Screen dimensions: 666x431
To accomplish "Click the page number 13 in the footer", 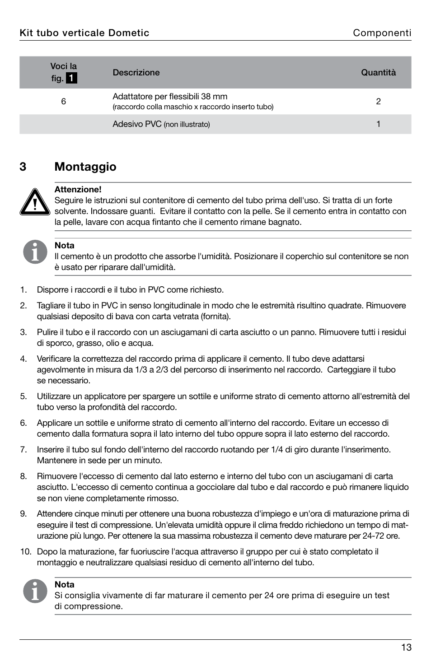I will point(406,647).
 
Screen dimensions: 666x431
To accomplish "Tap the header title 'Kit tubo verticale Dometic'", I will point(84,33).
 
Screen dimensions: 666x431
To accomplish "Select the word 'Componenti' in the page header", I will point(382,33).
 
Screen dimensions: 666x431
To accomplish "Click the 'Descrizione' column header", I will point(136,73).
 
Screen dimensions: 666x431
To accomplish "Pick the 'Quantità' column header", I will point(378,73).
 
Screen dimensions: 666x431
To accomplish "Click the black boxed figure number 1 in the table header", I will point(71,79).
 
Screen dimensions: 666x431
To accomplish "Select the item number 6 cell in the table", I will point(64,102).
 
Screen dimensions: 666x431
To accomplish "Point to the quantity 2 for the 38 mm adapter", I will point(378,102).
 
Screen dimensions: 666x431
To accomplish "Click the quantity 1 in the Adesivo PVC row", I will point(378,124).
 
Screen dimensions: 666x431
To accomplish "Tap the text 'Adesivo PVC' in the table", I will point(137,124).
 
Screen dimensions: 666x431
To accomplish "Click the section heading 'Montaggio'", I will point(85,167).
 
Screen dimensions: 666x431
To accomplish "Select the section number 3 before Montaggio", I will point(23,167).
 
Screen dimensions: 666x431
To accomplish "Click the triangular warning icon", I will point(35,202).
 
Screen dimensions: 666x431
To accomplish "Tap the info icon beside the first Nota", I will point(35,252).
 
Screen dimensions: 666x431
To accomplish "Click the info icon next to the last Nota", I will point(35,591).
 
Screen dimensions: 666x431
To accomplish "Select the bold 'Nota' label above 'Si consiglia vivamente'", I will point(64,585).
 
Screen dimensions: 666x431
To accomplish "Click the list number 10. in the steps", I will point(26,551).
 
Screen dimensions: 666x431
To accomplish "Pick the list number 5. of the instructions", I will point(23,396).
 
